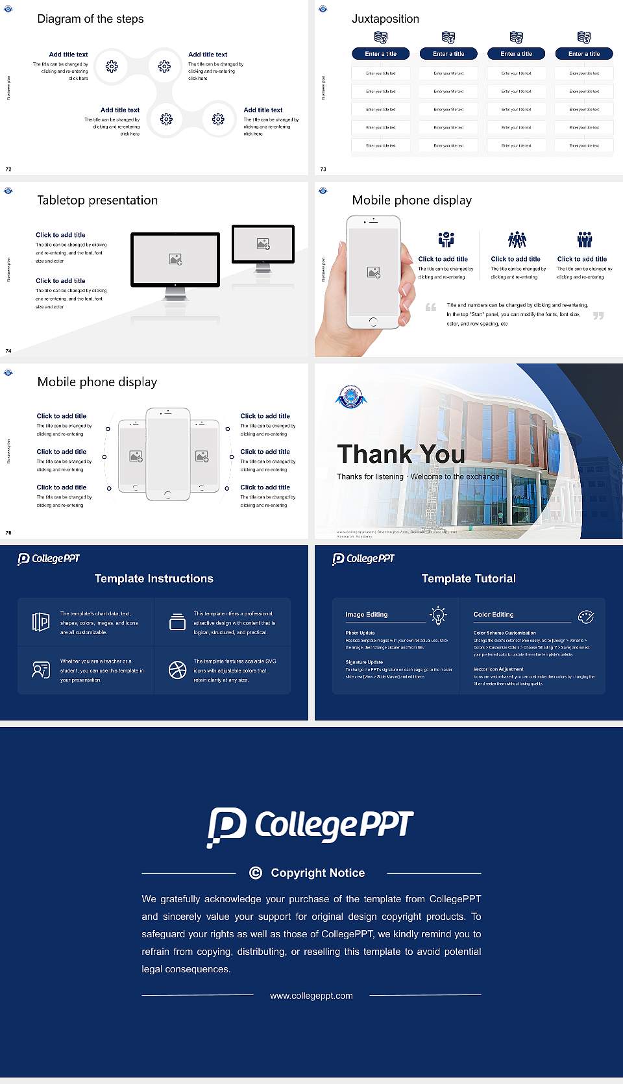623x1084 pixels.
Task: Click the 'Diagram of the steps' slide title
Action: pos(90,19)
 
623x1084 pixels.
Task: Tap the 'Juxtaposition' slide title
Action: pos(385,19)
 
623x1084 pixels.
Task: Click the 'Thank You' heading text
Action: pos(401,454)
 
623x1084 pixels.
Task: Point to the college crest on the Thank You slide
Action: pos(351,397)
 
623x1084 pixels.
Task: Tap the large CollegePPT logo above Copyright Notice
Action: pos(310,826)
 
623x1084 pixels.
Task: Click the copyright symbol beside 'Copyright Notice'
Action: pos(256,873)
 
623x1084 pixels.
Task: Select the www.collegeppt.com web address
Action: pos(311,996)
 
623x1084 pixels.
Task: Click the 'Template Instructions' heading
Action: pos(154,578)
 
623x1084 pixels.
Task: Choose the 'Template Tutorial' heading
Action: pos(469,578)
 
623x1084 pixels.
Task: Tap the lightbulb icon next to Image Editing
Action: pos(439,615)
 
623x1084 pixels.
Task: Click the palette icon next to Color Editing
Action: pos(586,617)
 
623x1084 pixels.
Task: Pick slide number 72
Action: pos(8,169)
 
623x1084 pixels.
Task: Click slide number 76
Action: pos(8,533)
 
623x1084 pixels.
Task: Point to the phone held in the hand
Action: pos(373,273)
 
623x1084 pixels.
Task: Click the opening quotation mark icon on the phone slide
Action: pos(431,307)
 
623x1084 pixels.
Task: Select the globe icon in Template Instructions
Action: pos(177,670)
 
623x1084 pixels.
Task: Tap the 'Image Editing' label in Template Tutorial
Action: pos(367,615)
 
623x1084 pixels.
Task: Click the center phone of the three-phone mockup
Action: pos(168,454)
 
